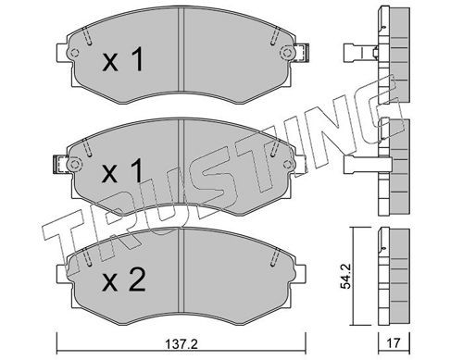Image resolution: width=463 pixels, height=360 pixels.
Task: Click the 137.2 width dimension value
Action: tap(181, 343)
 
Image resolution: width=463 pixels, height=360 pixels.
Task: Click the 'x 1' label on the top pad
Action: tap(123, 59)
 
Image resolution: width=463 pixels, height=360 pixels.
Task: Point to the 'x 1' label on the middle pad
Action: tap(123, 170)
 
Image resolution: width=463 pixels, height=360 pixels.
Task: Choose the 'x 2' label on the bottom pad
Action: tap(124, 279)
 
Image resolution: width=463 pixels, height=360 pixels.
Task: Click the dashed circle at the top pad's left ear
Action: tap(74, 53)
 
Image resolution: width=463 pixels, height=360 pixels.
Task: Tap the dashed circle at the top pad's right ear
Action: tap(286, 52)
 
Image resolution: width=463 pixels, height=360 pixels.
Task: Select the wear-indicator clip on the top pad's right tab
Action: tap(302, 53)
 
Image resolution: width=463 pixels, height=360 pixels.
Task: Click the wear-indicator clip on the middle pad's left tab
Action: tap(60, 164)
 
